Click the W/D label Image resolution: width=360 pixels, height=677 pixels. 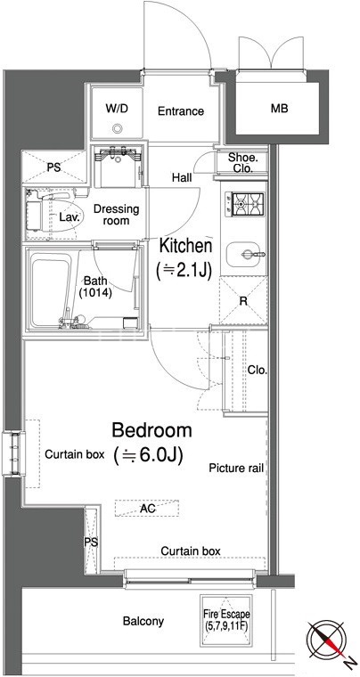point(117,108)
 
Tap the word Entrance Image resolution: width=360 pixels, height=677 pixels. point(180,111)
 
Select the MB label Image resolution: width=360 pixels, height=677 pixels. point(279,109)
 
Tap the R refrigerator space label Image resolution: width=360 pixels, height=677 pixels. point(243,301)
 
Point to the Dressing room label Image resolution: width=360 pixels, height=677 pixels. point(117,215)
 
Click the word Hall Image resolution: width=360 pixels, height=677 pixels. point(182,177)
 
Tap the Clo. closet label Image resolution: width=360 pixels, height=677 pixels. point(258,370)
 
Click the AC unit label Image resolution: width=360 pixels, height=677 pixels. point(148,509)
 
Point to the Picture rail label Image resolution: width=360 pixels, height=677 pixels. point(236,468)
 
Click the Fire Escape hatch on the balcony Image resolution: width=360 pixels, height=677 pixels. point(226,621)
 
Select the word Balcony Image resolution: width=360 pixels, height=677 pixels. point(143,621)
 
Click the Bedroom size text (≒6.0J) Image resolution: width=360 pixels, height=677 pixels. point(146,454)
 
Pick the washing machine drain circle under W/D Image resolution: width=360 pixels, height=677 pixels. point(118,128)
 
